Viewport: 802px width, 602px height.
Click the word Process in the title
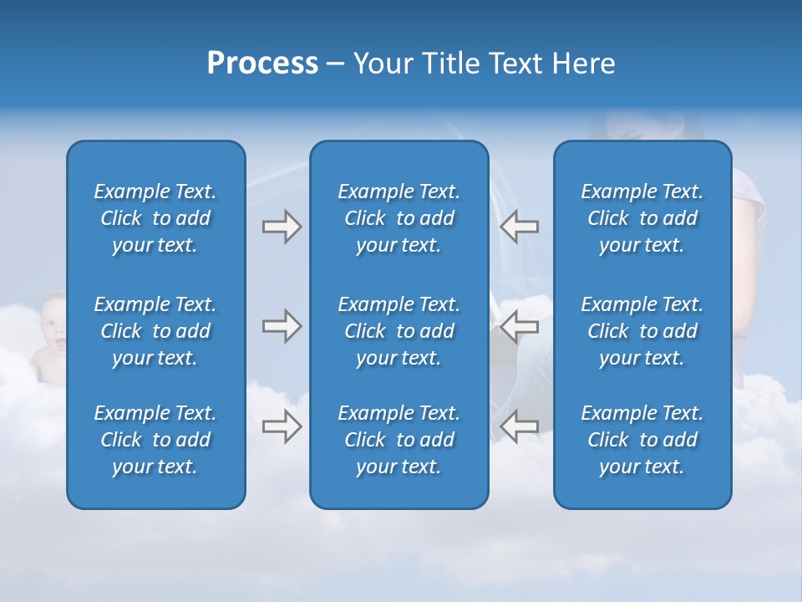(x=262, y=64)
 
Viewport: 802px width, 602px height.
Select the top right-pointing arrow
(x=282, y=227)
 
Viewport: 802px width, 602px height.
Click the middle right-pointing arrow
(x=282, y=326)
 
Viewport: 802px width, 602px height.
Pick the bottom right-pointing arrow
(x=282, y=426)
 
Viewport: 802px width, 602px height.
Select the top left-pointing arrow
(x=520, y=227)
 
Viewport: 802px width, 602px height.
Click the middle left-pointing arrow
(x=520, y=326)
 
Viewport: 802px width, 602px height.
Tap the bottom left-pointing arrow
(x=520, y=426)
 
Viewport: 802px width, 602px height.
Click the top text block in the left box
(x=155, y=218)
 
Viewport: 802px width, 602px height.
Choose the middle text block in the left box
(x=155, y=331)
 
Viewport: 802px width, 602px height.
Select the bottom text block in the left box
(x=155, y=440)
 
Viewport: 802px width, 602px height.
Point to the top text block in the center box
(x=398, y=218)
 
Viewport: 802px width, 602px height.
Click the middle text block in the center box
(x=398, y=331)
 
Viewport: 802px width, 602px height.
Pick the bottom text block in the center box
(x=398, y=440)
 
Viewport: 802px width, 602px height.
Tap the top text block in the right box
(x=642, y=218)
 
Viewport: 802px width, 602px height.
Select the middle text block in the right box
(x=642, y=331)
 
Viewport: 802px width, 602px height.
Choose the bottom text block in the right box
(x=642, y=440)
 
